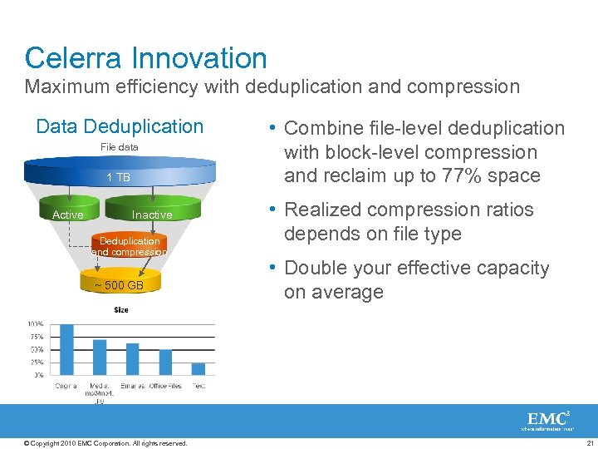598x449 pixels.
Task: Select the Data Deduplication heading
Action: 120,126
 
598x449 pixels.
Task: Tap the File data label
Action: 120,147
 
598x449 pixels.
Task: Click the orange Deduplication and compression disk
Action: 130,246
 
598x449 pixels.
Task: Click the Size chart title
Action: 121,310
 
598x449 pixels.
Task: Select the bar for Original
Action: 67,349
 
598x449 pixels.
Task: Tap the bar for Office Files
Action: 165,362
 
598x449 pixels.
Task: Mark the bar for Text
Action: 199,368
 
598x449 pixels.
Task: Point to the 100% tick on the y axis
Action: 36,323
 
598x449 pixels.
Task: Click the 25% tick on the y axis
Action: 37,363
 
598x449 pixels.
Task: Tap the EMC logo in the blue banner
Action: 547,419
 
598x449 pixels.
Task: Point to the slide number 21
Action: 589,443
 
